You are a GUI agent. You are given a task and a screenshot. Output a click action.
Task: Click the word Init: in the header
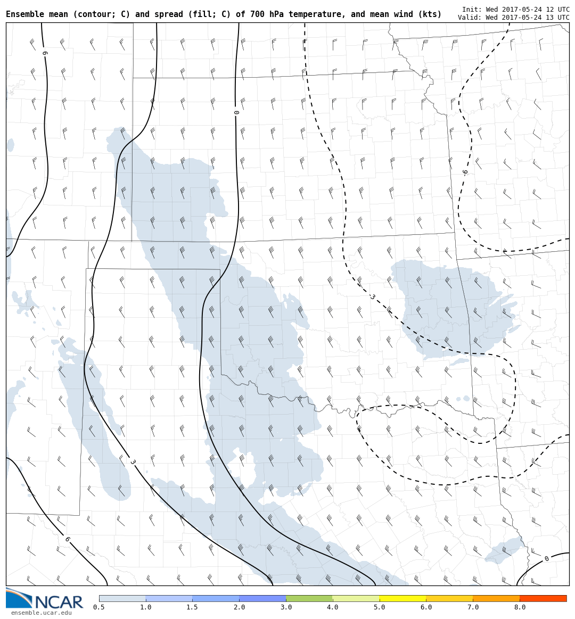472,10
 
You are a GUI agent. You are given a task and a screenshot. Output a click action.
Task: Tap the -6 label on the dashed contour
465,172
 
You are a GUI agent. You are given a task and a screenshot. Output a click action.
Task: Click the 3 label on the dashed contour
372,296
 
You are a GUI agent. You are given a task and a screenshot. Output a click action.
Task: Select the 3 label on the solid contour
132,462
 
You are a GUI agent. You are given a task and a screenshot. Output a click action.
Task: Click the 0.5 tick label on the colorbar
99,607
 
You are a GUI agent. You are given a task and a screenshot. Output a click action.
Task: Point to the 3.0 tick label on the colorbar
286,607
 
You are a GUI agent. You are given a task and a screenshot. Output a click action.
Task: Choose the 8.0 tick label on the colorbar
520,607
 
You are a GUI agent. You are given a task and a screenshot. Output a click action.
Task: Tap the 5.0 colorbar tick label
380,607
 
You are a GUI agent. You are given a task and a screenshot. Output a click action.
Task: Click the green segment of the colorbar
309,598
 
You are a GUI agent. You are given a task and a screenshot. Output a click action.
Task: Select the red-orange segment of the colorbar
543,598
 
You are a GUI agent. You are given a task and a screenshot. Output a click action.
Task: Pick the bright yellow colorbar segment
402,598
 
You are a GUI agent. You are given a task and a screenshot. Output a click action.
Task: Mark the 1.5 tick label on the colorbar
192,607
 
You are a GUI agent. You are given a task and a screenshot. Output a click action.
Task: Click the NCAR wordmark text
59,602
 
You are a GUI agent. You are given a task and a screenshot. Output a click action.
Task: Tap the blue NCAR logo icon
18,598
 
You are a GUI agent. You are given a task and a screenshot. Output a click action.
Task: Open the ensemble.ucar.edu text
41,613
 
